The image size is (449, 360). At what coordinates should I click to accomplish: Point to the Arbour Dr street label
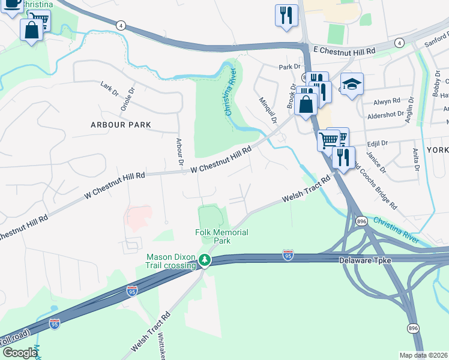pos(179,151)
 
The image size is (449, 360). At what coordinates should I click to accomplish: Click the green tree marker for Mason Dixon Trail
pos(205,260)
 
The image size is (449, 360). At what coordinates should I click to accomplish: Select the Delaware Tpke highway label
pos(364,260)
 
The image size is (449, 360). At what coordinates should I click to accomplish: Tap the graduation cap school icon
pos(352,83)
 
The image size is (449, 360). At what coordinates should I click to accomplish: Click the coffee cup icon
pos(12,5)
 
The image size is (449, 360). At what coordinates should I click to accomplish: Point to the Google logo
pos(19,353)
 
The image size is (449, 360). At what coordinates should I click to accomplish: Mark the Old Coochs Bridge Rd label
pos(375,185)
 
